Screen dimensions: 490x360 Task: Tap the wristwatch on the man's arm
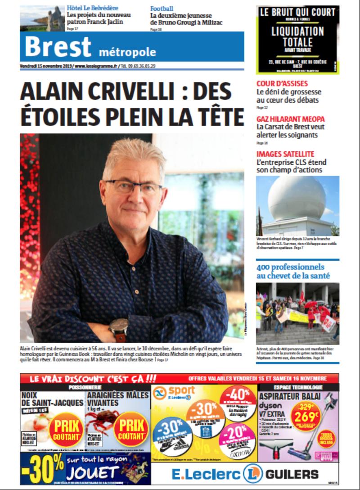pos(118,328)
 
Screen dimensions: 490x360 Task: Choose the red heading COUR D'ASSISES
pos(282,83)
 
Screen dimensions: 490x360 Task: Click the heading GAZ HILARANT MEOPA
pos(290,118)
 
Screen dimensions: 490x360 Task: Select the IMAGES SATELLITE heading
pos(285,154)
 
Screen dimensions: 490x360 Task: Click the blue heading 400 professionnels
pos(290,266)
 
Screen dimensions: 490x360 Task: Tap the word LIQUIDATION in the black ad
pos(297,32)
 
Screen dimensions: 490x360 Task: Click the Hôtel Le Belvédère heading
pos(92,8)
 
